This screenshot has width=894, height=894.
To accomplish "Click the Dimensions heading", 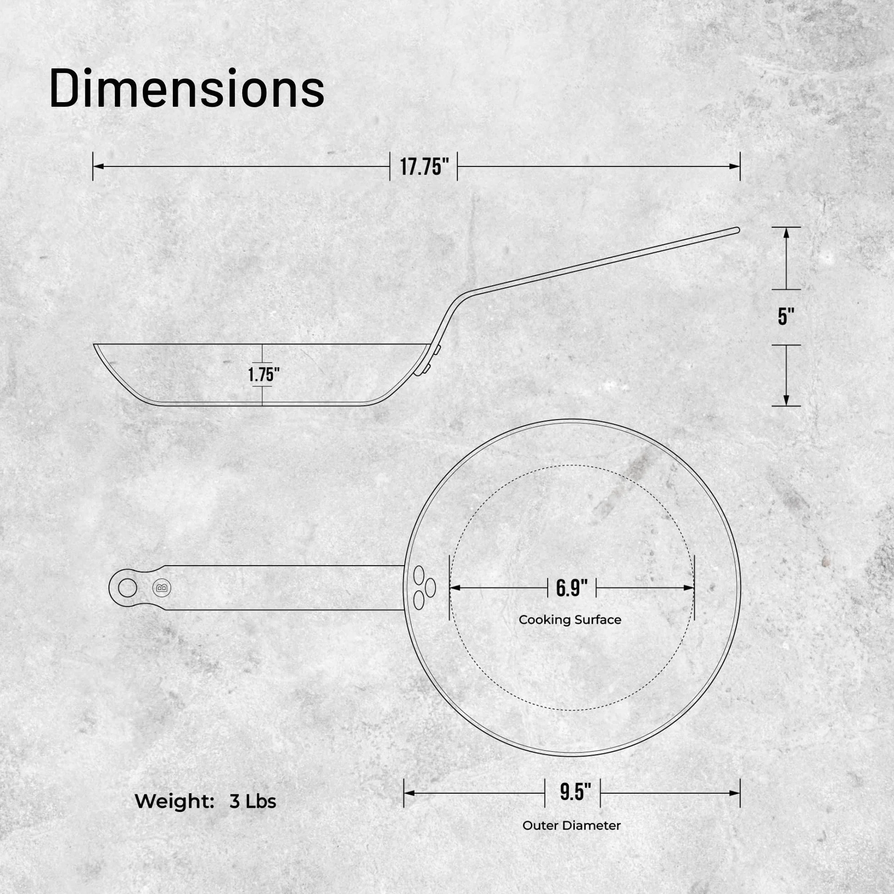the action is (x=187, y=88).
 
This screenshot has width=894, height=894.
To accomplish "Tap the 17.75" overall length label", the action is (x=424, y=166).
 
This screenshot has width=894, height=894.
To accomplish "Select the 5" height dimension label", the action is (x=786, y=317).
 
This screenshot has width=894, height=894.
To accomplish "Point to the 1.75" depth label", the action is (x=264, y=374).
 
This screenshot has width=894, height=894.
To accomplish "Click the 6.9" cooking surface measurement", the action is (x=572, y=588).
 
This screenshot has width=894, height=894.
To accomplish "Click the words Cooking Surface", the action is (x=570, y=620).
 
